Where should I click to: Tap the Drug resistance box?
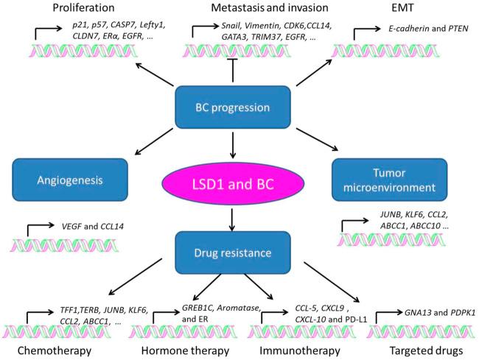[232, 253]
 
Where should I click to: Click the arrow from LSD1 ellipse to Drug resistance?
[232, 219]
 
